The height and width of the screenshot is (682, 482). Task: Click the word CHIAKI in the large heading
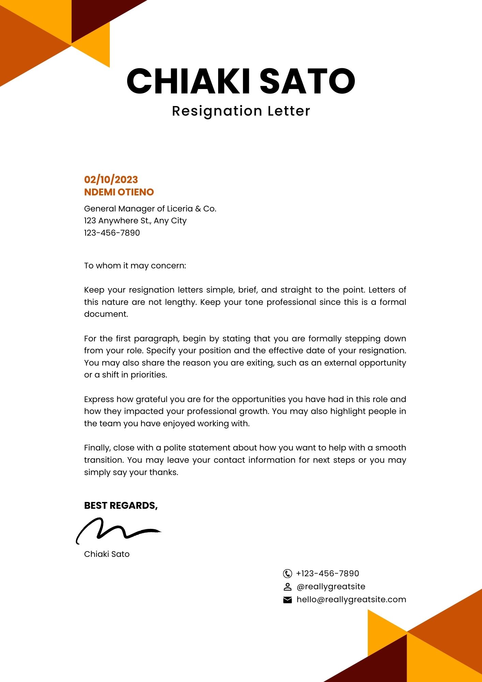[x=189, y=81]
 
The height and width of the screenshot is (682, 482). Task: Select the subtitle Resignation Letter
[x=241, y=111]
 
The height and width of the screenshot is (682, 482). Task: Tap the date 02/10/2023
[x=111, y=180]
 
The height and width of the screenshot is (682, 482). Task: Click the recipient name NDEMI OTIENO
[x=119, y=192]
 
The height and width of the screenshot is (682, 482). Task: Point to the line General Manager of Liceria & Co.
[x=150, y=209]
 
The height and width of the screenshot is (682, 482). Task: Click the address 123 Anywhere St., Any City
[x=135, y=221]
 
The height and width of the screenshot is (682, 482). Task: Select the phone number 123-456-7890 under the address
[x=112, y=233]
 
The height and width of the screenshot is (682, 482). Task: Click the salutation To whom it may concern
[x=135, y=266]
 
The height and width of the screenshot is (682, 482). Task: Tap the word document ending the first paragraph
[x=106, y=314]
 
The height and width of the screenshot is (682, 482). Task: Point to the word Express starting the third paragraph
[x=99, y=399]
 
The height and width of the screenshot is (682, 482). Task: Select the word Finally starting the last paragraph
[x=97, y=448]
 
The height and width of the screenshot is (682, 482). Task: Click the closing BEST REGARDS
[x=121, y=505]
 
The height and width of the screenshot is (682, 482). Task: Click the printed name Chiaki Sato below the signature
[x=107, y=554]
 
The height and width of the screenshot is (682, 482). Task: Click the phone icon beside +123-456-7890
[x=287, y=574]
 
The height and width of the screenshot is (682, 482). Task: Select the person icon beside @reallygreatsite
[x=287, y=587]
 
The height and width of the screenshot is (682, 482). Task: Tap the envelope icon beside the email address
[x=287, y=600]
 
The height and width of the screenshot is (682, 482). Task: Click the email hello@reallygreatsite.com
[x=351, y=599]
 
